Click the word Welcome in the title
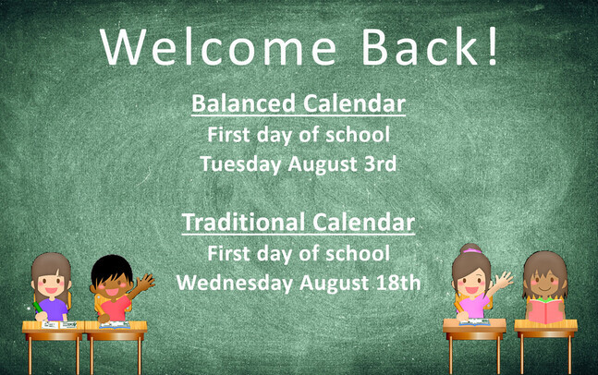pyautogui.click(x=218, y=47)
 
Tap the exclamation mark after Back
pyautogui.click(x=493, y=46)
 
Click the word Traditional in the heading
pyautogui.click(x=244, y=223)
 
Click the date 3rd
pyautogui.click(x=380, y=163)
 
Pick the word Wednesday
pyautogui.click(x=235, y=283)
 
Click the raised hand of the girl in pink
pyautogui.click(x=504, y=280)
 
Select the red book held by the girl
pyautogui.click(x=545, y=310)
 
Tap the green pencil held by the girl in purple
pyautogui.click(x=38, y=308)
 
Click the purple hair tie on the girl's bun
pyautogui.click(x=472, y=250)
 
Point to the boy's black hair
pyautogui.click(x=111, y=267)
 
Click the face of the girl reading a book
pyautogui.click(x=545, y=281)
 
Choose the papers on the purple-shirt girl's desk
pyautogui.click(x=59, y=325)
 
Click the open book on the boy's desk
pyautogui.click(x=115, y=325)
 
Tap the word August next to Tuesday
pyautogui.click(x=323, y=164)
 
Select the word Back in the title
pyautogui.click(x=421, y=46)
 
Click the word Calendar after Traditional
pyautogui.click(x=363, y=223)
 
